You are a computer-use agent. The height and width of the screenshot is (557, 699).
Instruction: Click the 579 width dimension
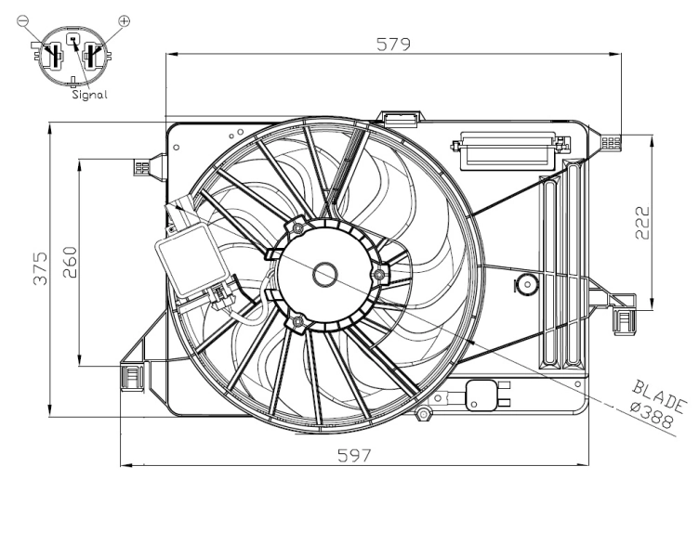point(393,44)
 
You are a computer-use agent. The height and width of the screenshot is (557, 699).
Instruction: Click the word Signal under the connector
point(88,94)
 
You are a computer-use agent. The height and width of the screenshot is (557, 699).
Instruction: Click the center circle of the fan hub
point(325,274)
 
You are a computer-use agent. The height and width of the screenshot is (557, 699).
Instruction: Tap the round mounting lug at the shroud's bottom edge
point(425,412)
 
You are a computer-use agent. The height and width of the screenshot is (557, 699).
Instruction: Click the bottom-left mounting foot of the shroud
point(132,376)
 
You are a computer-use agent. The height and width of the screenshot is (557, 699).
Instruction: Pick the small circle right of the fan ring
point(526,284)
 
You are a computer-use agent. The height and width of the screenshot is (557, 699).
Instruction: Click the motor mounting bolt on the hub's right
point(377,276)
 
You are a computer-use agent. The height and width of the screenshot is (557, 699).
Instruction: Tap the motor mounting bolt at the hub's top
point(297,227)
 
